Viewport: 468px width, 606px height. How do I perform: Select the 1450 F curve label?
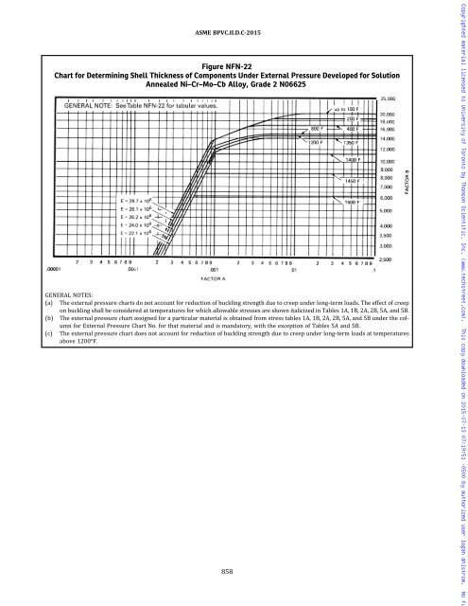coord(356,180)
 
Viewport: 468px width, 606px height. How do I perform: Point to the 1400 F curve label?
coord(355,160)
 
